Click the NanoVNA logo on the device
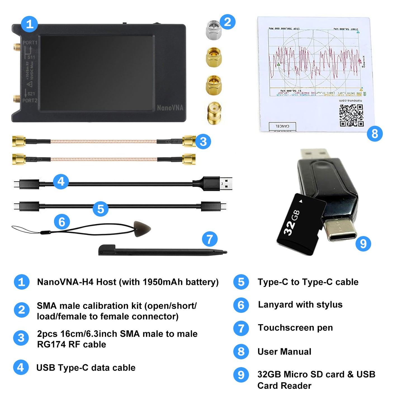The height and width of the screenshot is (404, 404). coord(170,108)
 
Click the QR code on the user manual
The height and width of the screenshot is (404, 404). coord(351,115)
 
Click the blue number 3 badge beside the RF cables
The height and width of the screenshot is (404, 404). coord(203,141)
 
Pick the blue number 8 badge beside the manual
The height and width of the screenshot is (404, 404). coord(375,134)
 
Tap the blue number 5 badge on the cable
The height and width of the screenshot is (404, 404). coord(101,209)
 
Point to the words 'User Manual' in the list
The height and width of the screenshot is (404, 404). coord(284,352)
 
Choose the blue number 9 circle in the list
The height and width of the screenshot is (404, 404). coord(241,375)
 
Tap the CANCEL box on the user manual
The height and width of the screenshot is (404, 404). coord(282,126)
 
